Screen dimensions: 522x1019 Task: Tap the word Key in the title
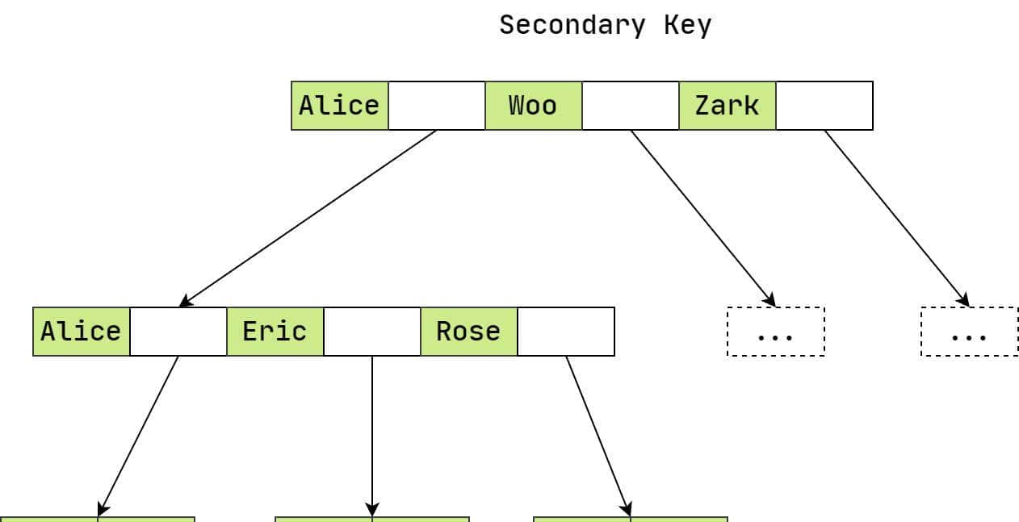[687, 25]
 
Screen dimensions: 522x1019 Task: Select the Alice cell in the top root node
[339, 106]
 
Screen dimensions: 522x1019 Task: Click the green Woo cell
[533, 106]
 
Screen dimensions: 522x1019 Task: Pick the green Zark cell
[727, 106]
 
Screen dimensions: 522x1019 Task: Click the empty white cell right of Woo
[630, 106]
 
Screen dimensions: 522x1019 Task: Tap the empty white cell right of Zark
[824, 106]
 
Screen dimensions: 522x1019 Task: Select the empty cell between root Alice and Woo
[436, 106]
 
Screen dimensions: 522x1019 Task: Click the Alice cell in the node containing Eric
[81, 332]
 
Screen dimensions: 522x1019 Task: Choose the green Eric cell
[275, 332]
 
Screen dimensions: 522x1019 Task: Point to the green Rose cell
[468, 332]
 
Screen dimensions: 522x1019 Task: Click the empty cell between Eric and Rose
[371, 332]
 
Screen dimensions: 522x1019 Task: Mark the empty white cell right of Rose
[565, 332]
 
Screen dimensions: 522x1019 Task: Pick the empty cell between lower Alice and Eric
[178, 332]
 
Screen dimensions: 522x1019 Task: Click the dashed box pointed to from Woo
[775, 332]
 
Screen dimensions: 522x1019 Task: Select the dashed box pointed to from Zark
[969, 332]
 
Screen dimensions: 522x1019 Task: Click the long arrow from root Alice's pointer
[307, 219]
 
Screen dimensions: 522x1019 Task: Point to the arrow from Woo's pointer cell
[702, 218]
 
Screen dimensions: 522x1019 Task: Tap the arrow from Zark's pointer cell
[896, 218]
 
